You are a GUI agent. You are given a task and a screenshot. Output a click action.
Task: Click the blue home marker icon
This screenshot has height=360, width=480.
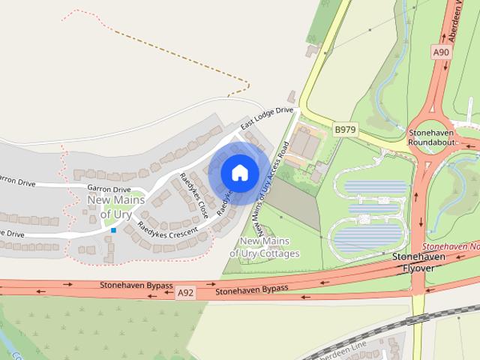click(239, 172)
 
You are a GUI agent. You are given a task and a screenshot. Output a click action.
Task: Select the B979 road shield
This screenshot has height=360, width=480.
click(345, 130)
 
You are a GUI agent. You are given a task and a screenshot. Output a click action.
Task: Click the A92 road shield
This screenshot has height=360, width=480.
click(186, 294)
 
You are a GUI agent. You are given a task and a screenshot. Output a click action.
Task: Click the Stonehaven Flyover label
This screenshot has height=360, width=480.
click(419, 262)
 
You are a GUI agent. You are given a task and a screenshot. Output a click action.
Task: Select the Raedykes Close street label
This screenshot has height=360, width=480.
click(193, 196)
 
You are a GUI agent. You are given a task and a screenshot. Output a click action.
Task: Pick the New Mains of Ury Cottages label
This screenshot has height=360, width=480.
click(265, 247)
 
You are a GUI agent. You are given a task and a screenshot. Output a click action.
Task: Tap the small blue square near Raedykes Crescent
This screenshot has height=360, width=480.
click(113, 230)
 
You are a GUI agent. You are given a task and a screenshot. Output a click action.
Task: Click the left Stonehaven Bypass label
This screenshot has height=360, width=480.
click(136, 286)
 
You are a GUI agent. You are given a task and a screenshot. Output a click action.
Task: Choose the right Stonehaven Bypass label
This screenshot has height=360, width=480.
click(252, 290)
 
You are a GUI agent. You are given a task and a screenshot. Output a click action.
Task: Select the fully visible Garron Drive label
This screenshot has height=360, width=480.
click(109, 189)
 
